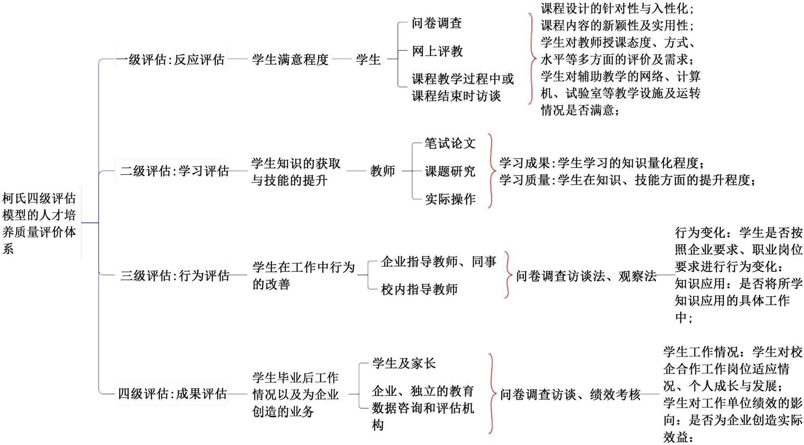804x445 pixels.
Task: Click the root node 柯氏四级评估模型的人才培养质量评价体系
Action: [x=39, y=223]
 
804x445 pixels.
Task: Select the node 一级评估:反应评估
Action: [x=170, y=59]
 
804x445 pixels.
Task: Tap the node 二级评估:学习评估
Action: [x=174, y=171]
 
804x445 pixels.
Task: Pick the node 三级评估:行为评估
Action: [x=175, y=276]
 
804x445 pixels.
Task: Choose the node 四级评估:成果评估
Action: [x=172, y=394]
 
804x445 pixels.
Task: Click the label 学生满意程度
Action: [x=290, y=59]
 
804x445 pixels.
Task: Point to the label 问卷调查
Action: [x=437, y=23]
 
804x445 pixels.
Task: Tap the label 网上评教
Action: [x=437, y=51]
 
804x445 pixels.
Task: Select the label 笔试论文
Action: [x=450, y=143]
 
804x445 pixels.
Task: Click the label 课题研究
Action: [x=450, y=171]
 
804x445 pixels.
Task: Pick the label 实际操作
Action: [x=450, y=199]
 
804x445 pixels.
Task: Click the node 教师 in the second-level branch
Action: [x=382, y=171]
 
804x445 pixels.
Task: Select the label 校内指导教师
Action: [x=419, y=289]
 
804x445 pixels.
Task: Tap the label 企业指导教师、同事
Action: [x=439, y=262]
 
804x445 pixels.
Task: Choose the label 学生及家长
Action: [x=404, y=363]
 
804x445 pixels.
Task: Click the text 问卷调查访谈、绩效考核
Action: [x=570, y=394]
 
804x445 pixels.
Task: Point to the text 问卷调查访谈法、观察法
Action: [x=586, y=276]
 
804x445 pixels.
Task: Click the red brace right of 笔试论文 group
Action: [x=491, y=171]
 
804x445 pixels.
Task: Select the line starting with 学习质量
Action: [x=627, y=180]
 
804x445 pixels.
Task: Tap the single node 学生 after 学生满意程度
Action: [x=368, y=59]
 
